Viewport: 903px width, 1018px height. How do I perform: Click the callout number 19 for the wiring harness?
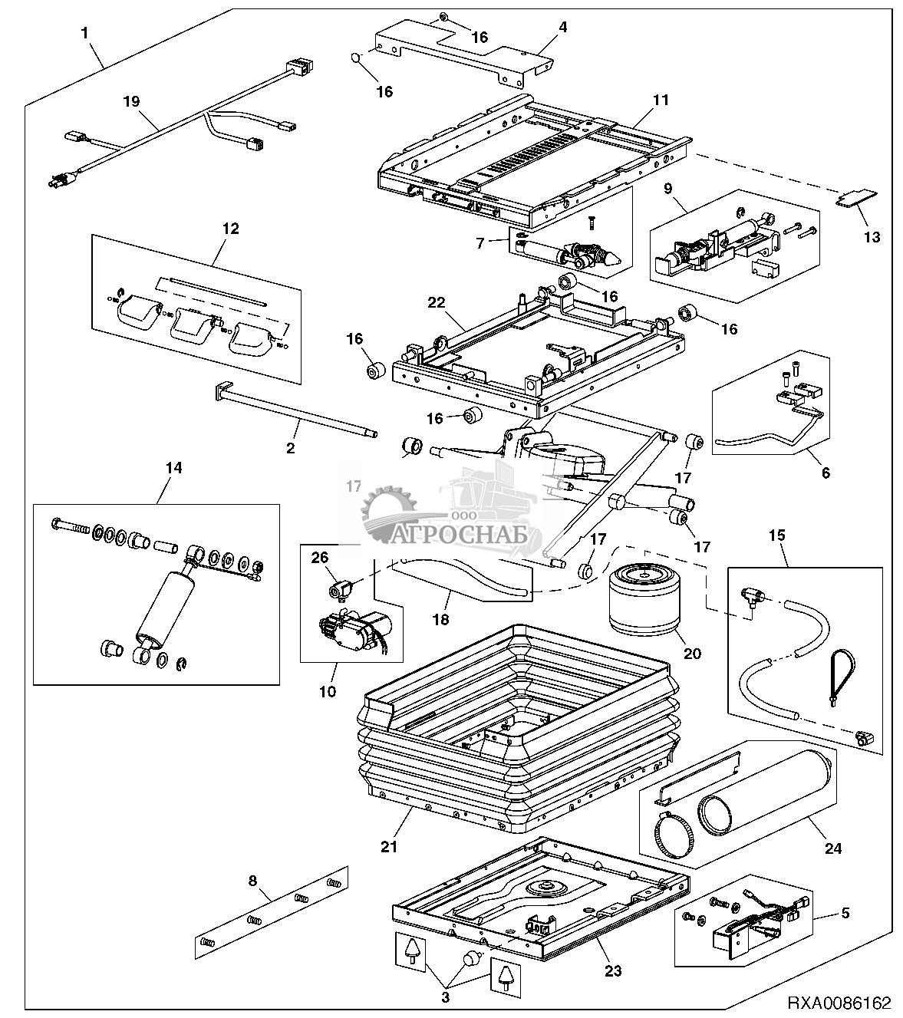(132, 100)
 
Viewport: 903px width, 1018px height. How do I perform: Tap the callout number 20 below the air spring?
(691, 654)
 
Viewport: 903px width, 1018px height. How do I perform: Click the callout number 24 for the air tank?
(832, 848)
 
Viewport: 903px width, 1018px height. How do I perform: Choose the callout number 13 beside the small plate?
(872, 237)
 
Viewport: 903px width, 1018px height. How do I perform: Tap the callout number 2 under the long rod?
(290, 448)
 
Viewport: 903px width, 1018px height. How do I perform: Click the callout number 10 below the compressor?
(328, 691)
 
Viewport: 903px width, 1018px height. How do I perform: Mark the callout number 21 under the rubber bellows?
(390, 847)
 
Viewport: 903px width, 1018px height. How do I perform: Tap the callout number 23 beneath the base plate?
(612, 970)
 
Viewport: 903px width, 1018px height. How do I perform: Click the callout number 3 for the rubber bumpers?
(445, 998)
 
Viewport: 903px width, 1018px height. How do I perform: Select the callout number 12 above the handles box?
(230, 228)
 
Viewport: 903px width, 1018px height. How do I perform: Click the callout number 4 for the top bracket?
(562, 27)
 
